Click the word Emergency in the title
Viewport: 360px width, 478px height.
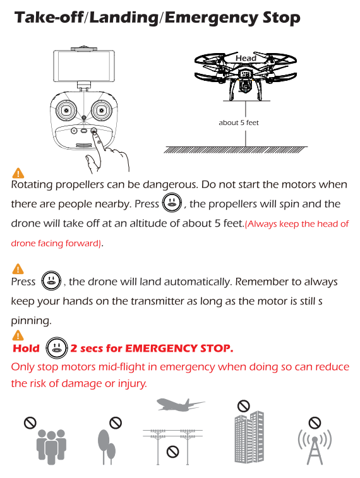[212, 18]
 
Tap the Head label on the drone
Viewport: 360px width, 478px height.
[246, 58]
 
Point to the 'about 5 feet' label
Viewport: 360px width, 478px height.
[239, 122]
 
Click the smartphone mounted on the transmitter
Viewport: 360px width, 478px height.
[84, 66]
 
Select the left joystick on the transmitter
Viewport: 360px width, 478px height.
[66, 109]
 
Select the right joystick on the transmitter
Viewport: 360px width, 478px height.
[102, 109]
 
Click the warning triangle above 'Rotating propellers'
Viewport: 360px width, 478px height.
[18, 173]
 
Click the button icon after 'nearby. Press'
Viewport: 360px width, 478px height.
[172, 203]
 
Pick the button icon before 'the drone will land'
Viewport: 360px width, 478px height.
[51, 280]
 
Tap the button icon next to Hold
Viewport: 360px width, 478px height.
[56, 347]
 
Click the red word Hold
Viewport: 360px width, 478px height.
[27, 348]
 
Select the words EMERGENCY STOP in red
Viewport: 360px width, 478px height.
[179, 348]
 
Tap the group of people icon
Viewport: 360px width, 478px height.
[51, 446]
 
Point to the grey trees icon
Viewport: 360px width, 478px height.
[106, 446]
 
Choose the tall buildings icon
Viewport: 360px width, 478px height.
[249, 437]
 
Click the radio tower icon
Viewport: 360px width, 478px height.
[315, 447]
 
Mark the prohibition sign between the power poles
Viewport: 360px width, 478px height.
[172, 451]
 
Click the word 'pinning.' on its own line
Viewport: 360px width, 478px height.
[31, 321]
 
